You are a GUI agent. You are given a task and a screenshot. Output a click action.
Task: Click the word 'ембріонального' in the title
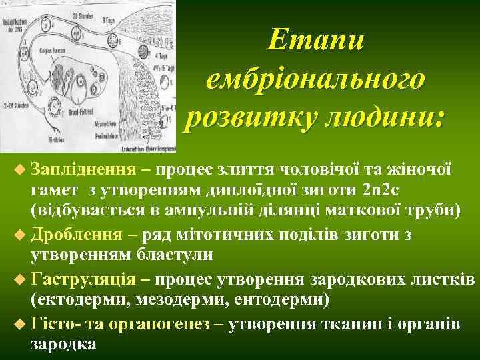(315, 79)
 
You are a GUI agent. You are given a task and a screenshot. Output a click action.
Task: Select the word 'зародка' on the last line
(63, 344)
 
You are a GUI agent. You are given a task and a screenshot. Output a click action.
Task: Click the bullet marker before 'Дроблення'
(18, 235)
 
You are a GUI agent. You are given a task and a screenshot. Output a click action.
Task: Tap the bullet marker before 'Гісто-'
(18, 323)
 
